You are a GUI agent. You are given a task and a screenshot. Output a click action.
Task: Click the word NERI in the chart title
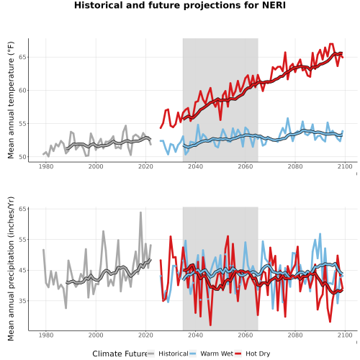pyautogui.click(x=274, y=5)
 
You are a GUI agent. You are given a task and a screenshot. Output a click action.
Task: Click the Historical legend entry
pyautogui.click(x=168, y=354)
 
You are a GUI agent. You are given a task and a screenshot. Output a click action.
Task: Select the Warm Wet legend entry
pyautogui.click(x=211, y=354)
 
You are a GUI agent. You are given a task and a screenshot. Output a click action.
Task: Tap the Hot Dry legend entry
pyautogui.click(x=252, y=354)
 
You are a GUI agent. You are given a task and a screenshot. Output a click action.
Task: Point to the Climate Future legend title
pyautogui.click(x=120, y=354)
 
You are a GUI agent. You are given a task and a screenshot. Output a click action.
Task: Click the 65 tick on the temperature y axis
pyautogui.click(x=23, y=57)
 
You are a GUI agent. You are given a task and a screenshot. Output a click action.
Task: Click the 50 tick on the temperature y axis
pyautogui.click(x=23, y=157)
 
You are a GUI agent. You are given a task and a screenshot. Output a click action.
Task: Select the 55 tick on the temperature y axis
pyautogui.click(x=23, y=124)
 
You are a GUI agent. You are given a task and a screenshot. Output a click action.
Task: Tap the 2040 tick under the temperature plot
pyautogui.click(x=195, y=166)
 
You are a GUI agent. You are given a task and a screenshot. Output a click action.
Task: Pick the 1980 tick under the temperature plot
pyautogui.click(x=46, y=166)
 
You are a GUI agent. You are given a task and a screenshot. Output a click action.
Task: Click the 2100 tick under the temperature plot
pyautogui.click(x=345, y=166)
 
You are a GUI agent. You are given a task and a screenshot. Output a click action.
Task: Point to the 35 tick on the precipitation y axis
pyautogui.click(x=23, y=301)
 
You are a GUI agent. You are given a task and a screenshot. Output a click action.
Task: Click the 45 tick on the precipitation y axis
pyautogui.click(x=23, y=270)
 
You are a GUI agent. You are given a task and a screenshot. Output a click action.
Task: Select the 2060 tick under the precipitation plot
pyautogui.click(x=246, y=335)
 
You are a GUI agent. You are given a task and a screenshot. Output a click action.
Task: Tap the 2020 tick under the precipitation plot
pyautogui.click(x=145, y=335)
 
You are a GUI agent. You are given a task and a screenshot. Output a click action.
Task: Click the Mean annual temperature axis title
pyautogui.click(x=11, y=100)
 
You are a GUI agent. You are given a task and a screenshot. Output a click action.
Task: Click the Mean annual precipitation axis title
pyautogui.click(x=11, y=269)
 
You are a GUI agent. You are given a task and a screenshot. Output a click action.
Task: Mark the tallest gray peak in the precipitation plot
pyautogui.click(x=140, y=212)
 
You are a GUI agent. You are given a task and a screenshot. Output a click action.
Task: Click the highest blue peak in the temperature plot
pyautogui.click(x=288, y=118)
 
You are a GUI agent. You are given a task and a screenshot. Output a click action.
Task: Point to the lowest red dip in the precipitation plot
pyautogui.click(x=210, y=325)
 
